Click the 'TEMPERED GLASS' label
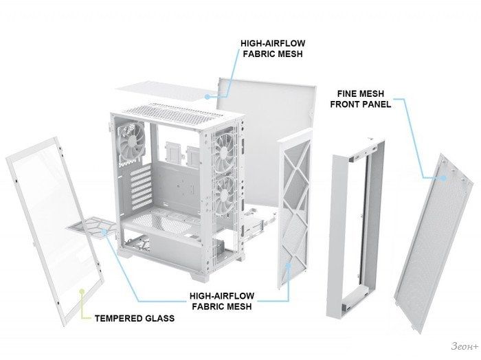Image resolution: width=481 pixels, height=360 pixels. coord(135,318)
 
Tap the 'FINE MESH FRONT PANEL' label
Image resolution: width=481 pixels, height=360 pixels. coord(361,99)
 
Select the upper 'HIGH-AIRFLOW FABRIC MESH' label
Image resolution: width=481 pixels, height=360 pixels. coord(273,49)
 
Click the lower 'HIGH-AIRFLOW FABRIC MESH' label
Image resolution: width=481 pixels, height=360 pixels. coord(222,301)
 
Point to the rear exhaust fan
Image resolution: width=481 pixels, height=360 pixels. coord(132,140)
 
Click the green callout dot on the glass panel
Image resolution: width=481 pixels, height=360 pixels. coord(82,291)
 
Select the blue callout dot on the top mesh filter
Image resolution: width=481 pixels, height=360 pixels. coord(208,97)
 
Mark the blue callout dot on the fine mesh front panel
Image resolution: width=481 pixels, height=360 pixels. coord(443,177)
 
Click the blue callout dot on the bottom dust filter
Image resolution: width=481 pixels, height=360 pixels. coord(104,232)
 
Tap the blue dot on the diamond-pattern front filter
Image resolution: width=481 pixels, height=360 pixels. coord(289,266)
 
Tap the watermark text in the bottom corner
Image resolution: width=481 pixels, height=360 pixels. coord(464,346)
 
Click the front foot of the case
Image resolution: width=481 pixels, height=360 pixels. coord(199,275)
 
